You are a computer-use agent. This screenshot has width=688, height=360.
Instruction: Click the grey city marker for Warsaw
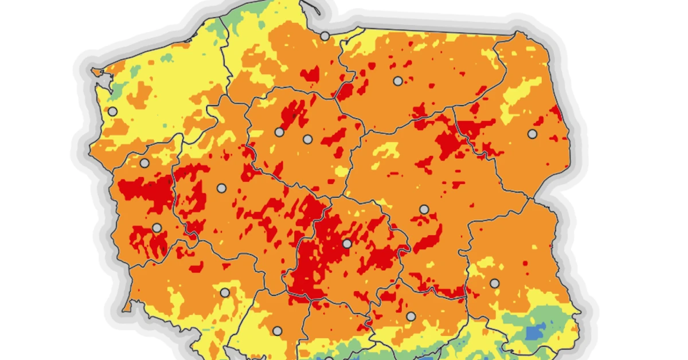tap(424, 209)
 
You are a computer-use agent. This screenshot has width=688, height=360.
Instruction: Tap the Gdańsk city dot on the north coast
tap(325, 36)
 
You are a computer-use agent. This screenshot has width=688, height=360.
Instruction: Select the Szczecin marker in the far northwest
tap(113, 111)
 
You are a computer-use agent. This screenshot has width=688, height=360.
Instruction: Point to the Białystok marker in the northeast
tap(532, 134)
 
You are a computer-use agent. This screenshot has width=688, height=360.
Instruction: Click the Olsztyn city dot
tap(397, 81)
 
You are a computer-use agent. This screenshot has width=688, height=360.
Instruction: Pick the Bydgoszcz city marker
tap(279, 132)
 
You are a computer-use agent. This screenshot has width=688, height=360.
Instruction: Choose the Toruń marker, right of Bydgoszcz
tap(307, 139)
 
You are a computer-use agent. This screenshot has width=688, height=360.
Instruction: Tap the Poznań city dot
tap(221, 187)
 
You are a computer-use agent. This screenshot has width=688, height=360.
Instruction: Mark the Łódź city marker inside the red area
tap(346, 243)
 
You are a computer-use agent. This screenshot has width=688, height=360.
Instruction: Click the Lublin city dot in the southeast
tap(494, 283)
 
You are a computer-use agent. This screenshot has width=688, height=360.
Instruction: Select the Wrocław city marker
tap(225, 292)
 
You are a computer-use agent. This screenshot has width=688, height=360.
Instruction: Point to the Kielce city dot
tap(411, 316)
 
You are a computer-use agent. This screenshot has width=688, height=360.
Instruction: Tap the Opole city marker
tap(277, 331)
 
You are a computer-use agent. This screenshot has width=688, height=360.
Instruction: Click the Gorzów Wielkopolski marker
tap(144, 163)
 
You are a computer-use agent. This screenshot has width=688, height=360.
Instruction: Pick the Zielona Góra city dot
tap(157, 228)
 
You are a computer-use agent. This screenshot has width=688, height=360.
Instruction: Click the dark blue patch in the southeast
tap(535, 331)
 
